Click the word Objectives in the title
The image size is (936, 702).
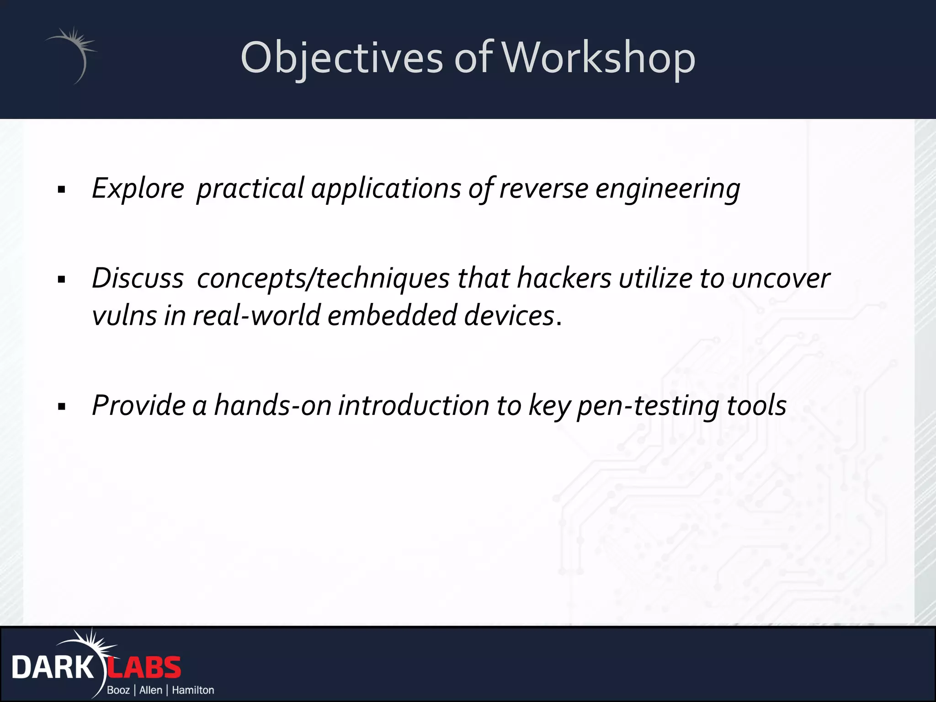click(342, 58)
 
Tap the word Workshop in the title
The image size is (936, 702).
click(599, 58)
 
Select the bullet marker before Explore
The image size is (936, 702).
click(62, 189)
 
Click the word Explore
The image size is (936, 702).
click(138, 188)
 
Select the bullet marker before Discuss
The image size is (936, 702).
click(62, 279)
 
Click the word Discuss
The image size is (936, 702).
click(138, 278)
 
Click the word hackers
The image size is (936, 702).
click(564, 278)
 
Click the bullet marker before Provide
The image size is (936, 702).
click(62, 406)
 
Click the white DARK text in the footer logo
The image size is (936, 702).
click(53, 668)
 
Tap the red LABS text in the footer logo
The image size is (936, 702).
click(144, 668)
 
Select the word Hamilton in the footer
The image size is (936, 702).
click(193, 690)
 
